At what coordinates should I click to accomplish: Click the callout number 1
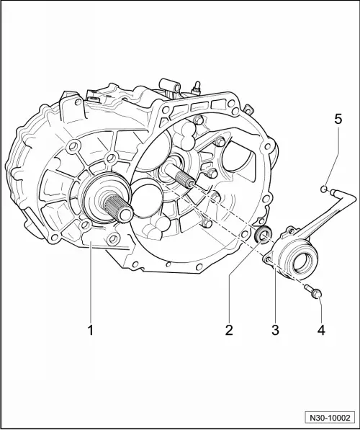91,330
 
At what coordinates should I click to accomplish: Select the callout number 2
228,330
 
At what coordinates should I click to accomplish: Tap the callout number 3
274,330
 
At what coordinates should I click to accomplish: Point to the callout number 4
321,330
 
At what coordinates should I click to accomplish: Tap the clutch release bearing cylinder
292,256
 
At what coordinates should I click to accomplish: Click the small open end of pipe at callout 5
324,190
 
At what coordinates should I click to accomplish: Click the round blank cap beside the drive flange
145,199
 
